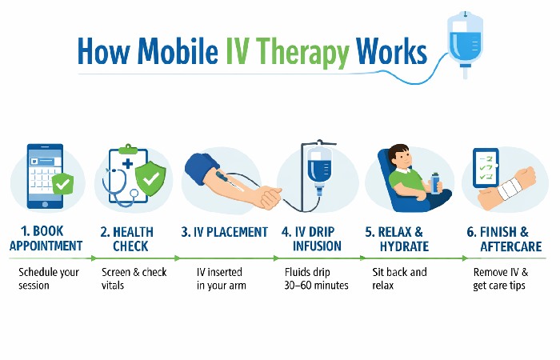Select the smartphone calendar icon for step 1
click(x=44, y=178)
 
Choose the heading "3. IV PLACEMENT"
click(x=225, y=232)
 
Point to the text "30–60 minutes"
click(x=316, y=286)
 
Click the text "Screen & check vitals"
click(x=134, y=278)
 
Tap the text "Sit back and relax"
click(x=399, y=278)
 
